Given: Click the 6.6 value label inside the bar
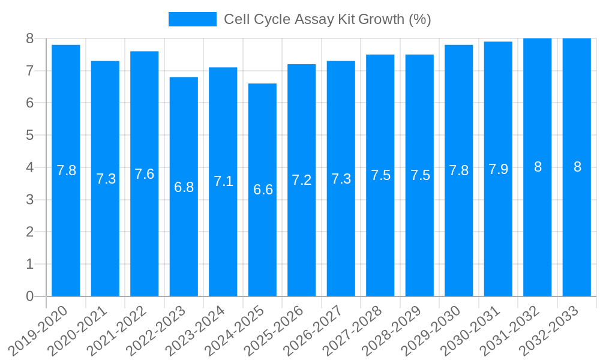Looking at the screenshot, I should pyautogui.click(x=263, y=190).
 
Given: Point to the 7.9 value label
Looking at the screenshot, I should pyautogui.click(x=498, y=169).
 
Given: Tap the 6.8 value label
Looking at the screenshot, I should pyautogui.click(x=184, y=187).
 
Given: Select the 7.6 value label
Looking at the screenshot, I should pyautogui.click(x=145, y=174).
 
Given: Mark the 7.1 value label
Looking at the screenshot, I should pyautogui.click(x=223, y=181).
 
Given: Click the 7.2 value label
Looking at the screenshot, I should pyautogui.click(x=302, y=180).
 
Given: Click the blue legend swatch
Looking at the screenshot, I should pyautogui.click(x=192, y=19).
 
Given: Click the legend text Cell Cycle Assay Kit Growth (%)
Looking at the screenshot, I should pyautogui.click(x=328, y=19).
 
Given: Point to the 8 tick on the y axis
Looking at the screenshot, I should pyautogui.click(x=29, y=38).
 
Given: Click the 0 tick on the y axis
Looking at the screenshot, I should pyautogui.click(x=29, y=296).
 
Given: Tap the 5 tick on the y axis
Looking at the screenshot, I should pyautogui.click(x=29, y=135).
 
